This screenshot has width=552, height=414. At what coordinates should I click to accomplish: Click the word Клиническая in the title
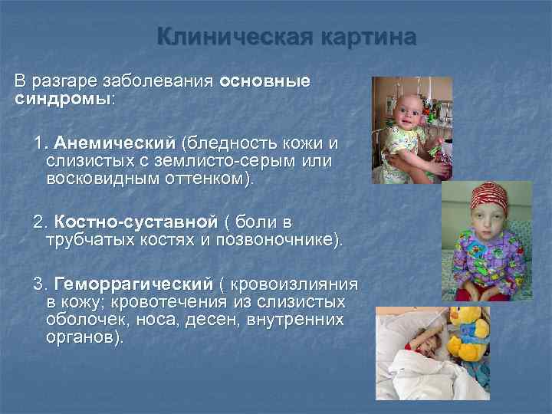pos(219,37)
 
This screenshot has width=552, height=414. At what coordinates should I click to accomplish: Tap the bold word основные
pos(264,81)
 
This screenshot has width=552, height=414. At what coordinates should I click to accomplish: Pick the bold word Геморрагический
pos(136,284)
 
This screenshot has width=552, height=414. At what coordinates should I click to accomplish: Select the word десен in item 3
pos(216,320)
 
